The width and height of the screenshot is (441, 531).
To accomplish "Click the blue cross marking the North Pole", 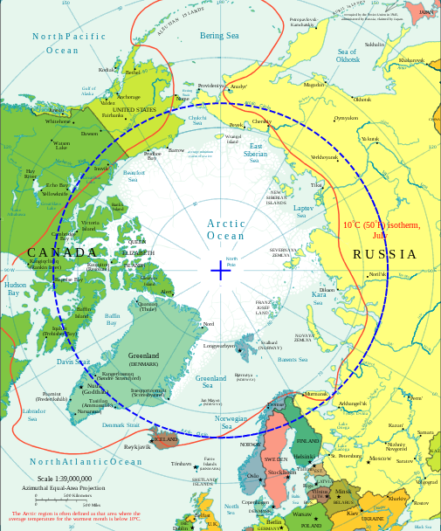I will pyautogui.click(x=220, y=271).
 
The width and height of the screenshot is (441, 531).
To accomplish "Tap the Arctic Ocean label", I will pyautogui.click(x=226, y=230).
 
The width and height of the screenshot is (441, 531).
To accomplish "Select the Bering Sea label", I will pyautogui.click(x=219, y=36).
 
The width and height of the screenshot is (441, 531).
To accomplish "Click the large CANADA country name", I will pyautogui.click(x=62, y=252).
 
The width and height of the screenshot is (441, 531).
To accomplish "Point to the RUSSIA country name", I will pyautogui.click(x=384, y=254).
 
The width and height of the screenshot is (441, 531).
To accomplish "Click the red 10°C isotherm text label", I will pyautogui.click(x=381, y=230).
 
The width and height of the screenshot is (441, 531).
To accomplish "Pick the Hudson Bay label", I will pyautogui.click(x=15, y=288).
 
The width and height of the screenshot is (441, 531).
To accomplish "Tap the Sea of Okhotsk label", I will pyautogui.click(x=348, y=56).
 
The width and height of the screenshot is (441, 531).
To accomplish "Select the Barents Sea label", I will pyautogui.click(x=292, y=359).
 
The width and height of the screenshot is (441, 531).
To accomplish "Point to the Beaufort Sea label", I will pyautogui.click(x=134, y=176).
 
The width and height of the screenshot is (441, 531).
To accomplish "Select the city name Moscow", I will pyautogui.click(x=380, y=459).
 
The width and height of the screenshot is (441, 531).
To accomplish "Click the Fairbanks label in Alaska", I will pyautogui.click(x=113, y=114).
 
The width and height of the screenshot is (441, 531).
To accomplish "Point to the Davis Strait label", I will pyautogui.click(x=73, y=361).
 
